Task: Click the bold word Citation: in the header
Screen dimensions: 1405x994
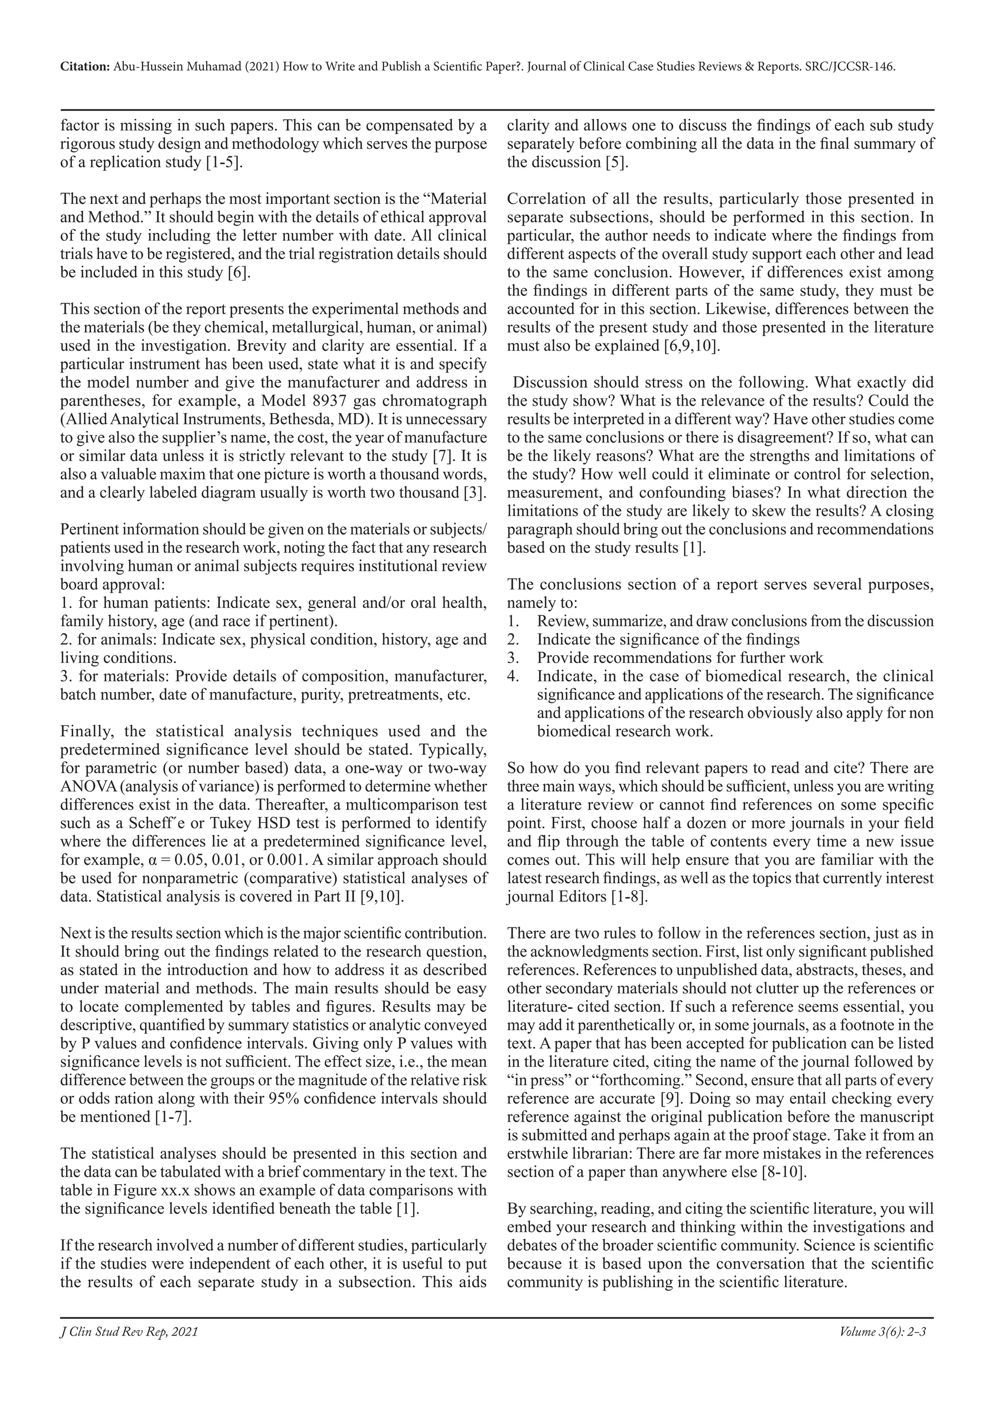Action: pos(85,67)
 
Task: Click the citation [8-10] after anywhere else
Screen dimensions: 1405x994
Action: pos(783,1172)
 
